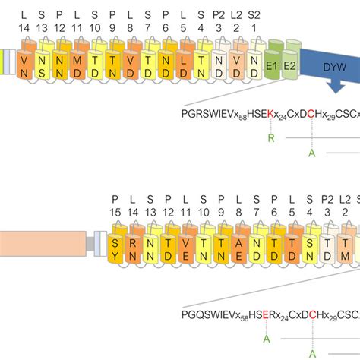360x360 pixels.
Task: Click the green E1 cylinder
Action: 272,67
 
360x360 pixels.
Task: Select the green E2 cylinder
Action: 289,67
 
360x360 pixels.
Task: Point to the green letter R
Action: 271,137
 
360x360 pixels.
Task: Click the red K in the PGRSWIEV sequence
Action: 270,114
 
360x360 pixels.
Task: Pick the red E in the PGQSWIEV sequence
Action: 266,312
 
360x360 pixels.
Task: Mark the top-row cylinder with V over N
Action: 26,67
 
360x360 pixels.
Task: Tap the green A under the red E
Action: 266,337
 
